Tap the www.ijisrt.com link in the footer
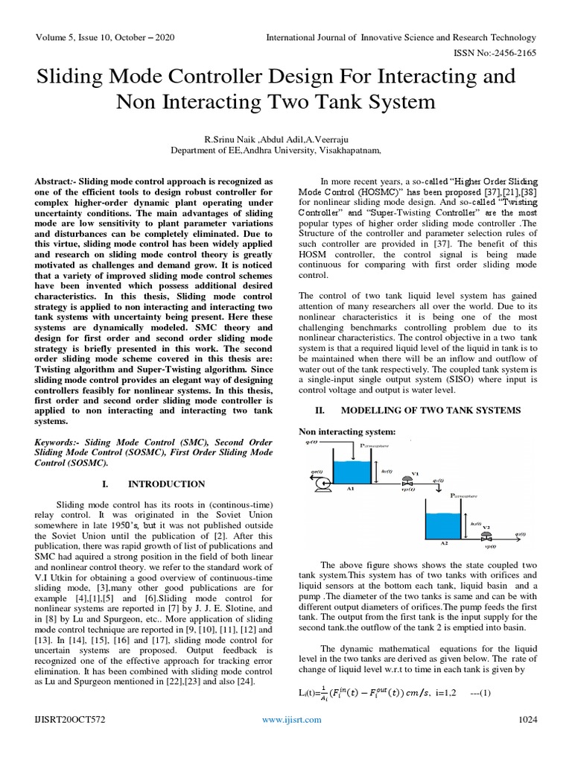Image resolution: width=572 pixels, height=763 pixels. click(x=291, y=719)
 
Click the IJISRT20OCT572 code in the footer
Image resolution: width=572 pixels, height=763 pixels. click(x=71, y=719)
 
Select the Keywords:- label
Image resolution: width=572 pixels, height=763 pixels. click(x=60, y=442)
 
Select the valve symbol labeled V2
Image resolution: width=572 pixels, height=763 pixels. click(x=485, y=534)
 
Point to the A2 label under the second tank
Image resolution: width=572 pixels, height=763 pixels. click(x=445, y=543)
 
